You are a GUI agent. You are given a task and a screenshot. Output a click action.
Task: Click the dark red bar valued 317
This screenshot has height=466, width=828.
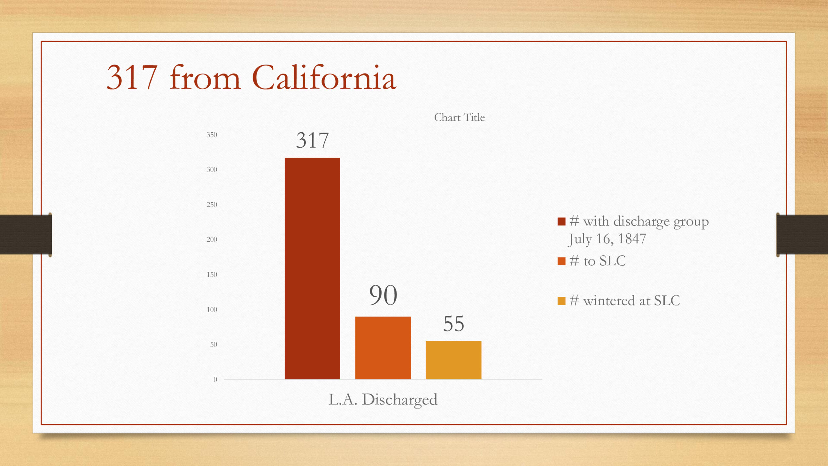point(312,268)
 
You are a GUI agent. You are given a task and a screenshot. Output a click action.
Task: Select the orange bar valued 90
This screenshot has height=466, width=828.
point(383,348)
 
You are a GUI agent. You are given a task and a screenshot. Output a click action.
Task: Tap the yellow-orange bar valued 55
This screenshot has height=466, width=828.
point(453,360)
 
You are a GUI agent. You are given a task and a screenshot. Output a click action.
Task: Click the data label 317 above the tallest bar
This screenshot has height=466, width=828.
point(312,140)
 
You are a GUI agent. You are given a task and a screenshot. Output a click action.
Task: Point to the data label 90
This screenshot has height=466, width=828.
point(383,295)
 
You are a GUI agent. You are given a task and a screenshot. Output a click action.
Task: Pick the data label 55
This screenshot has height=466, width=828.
point(454,324)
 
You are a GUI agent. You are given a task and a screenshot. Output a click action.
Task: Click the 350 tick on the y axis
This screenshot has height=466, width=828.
point(212,135)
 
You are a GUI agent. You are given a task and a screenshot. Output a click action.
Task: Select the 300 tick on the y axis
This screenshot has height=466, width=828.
point(212,170)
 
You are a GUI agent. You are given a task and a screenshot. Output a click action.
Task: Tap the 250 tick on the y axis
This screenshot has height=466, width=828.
point(212,205)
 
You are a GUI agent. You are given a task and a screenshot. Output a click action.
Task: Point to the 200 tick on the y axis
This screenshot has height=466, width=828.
point(212,239)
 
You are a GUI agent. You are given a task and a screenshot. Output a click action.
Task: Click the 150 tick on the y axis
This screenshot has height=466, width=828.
point(212,274)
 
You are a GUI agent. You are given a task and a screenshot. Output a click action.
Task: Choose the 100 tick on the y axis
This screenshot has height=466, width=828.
point(212,309)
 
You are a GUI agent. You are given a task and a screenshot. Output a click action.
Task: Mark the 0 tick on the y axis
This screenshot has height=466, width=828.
point(215,380)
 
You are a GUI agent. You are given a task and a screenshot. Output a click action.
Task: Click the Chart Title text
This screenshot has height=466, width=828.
point(459,117)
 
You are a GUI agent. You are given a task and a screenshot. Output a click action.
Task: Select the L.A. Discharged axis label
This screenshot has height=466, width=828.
point(383,400)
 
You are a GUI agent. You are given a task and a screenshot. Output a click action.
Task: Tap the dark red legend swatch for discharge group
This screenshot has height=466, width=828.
point(561,221)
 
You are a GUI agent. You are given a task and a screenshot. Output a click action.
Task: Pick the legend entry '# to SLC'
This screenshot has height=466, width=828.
point(592,261)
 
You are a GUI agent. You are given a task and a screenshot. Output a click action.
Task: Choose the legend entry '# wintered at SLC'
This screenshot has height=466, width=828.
point(619,301)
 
